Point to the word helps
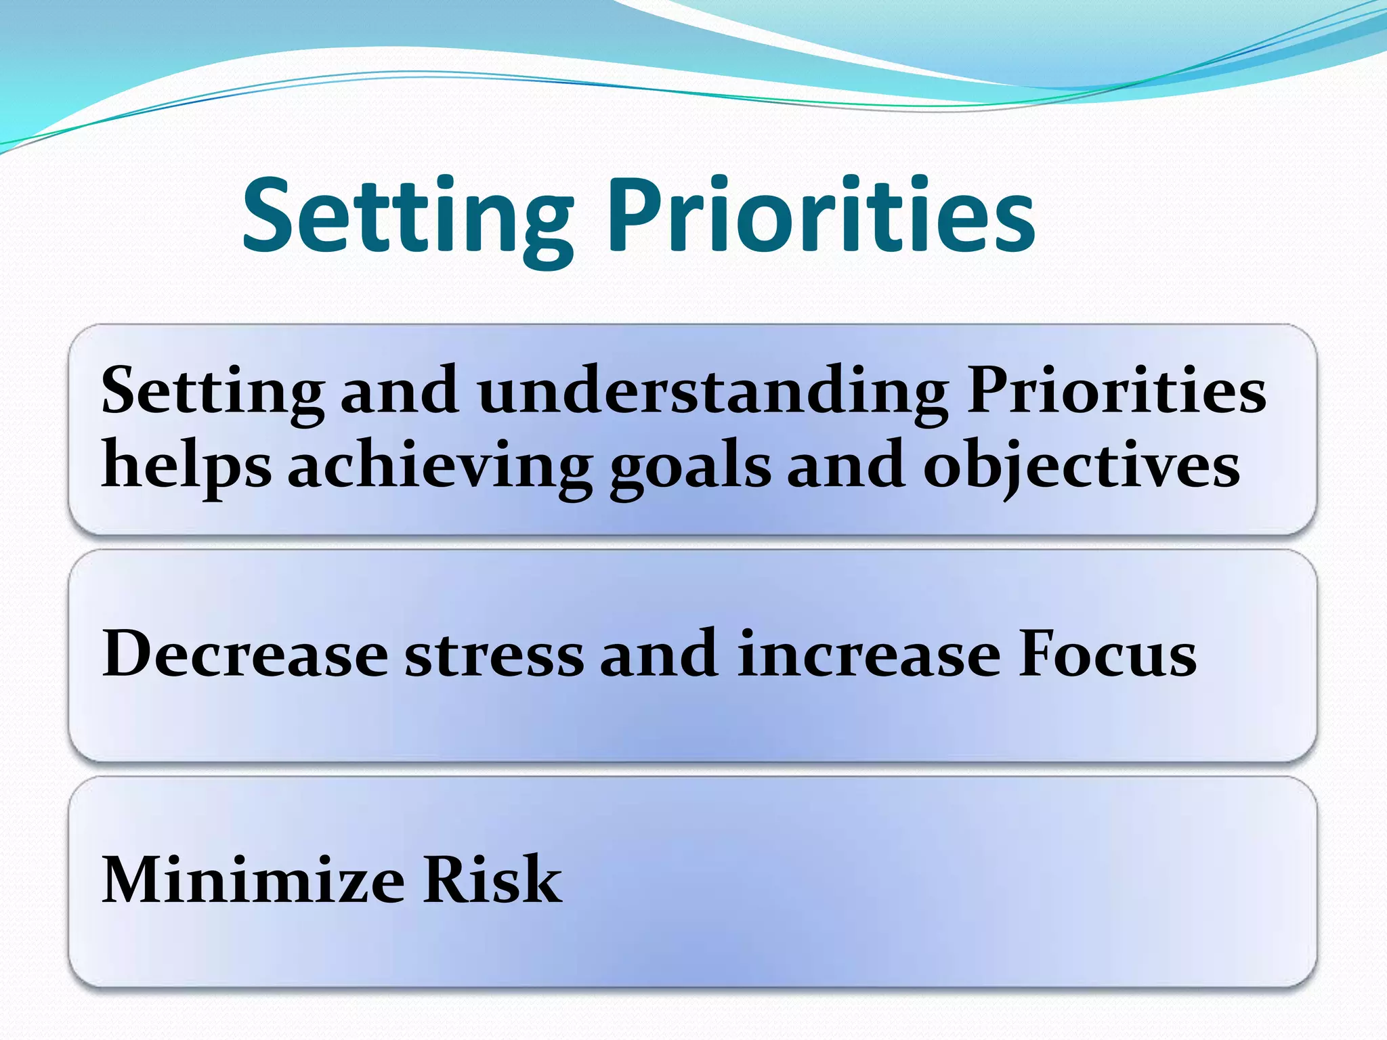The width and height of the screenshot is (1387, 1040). tap(186, 467)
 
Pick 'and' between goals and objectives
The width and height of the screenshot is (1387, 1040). tap(846, 467)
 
